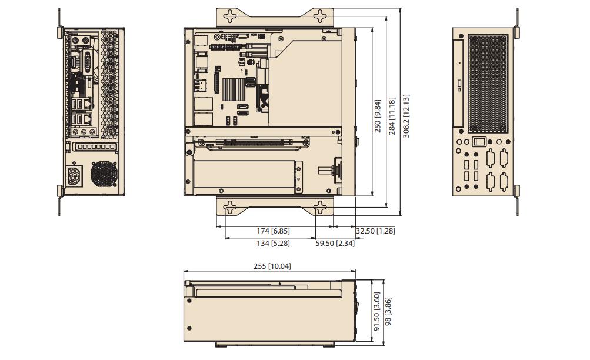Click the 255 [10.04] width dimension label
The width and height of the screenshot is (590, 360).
[x=272, y=266]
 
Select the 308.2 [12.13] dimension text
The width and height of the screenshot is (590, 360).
[x=406, y=116]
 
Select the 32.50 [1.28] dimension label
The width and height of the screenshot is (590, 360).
[x=375, y=231]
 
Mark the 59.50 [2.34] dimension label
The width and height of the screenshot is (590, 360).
[x=335, y=243]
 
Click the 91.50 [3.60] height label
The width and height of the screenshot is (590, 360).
[x=377, y=312]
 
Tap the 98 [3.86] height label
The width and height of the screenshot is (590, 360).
[x=388, y=312]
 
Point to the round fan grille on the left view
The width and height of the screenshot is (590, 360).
[x=105, y=174]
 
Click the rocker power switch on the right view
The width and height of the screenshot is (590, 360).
[x=479, y=142]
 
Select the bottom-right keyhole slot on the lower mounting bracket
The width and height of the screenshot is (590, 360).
[x=320, y=208]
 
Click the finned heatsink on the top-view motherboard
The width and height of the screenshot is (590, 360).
[x=234, y=88]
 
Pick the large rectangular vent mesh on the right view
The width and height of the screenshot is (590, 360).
[x=488, y=83]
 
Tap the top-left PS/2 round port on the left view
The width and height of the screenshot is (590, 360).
[x=75, y=38]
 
